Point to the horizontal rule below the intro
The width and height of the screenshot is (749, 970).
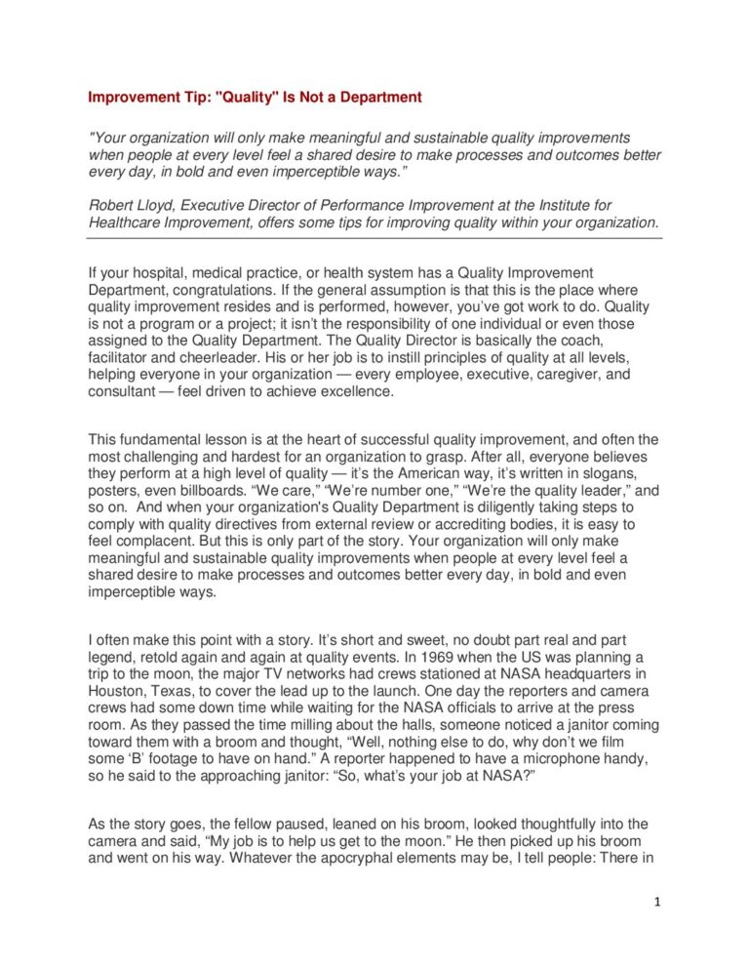pyautogui.click(x=374, y=237)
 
